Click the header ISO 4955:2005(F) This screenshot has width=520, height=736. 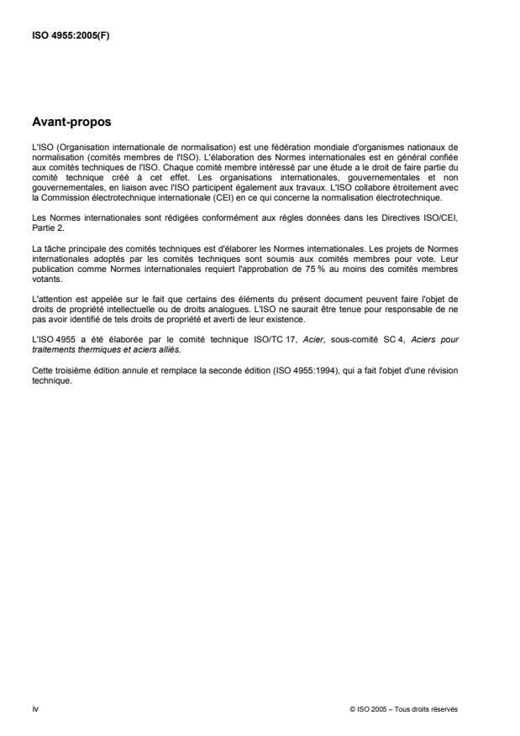[64, 36]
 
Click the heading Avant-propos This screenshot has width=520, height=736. [71, 123]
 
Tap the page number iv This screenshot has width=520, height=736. [34, 708]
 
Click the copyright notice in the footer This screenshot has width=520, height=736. [404, 708]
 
